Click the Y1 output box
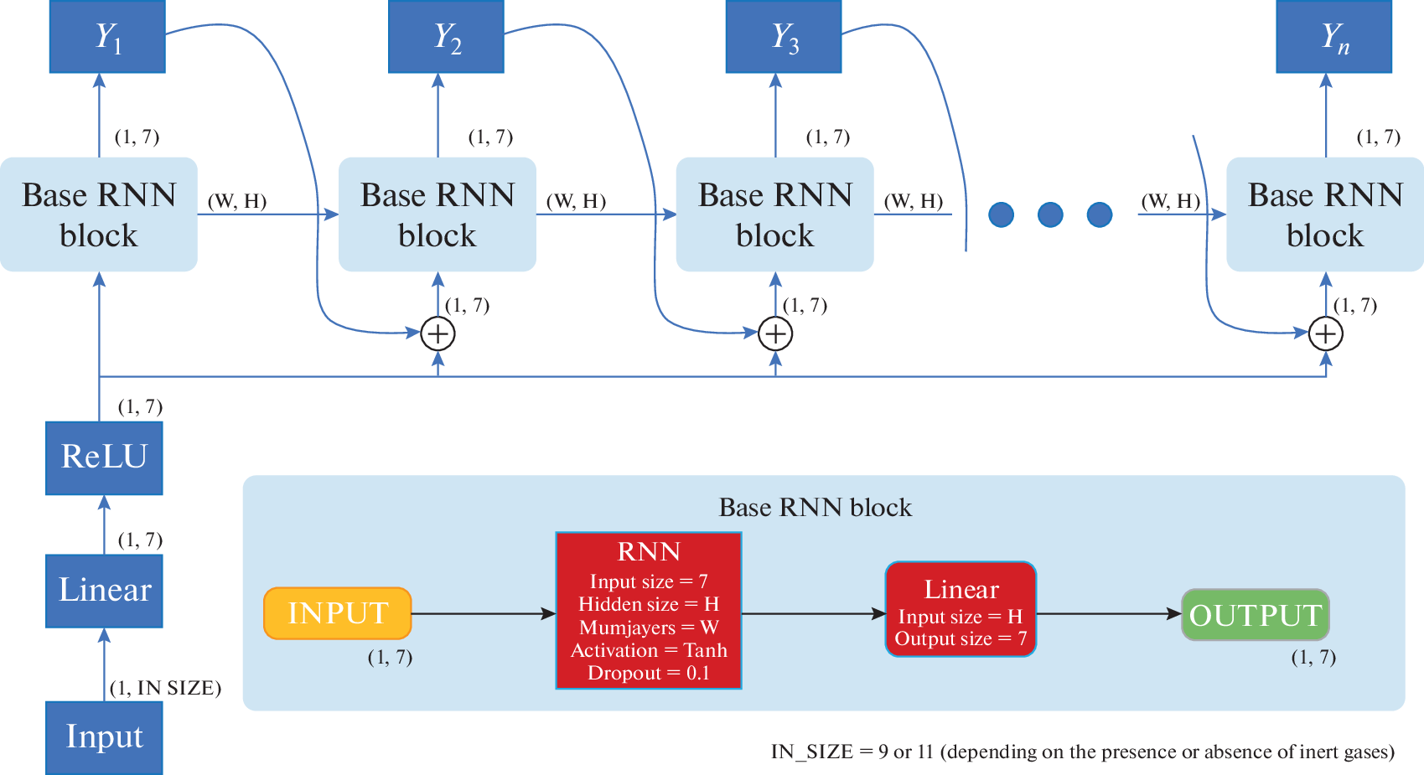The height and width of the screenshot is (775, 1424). [107, 36]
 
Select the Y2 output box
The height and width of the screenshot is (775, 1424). [446, 36]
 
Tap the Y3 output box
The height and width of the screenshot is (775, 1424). [784, 36]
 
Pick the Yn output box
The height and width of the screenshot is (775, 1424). [1333, 36]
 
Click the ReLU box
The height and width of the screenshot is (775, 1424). [104, 457]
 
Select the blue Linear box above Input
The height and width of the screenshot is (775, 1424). [104, 591]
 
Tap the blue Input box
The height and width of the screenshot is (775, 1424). [104, 737]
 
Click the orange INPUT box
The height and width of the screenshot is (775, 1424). [337, 613]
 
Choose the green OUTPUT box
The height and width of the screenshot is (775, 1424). [1255, 615]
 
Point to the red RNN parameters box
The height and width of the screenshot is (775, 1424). [649, 611]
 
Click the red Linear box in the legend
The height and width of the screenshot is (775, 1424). [961, 609]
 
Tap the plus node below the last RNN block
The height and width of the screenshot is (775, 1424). [1325, 333]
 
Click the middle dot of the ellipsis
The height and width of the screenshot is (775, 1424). [1050, 214]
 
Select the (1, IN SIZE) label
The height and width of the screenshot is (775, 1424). [165, 688]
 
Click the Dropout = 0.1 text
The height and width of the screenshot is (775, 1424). [649, 673]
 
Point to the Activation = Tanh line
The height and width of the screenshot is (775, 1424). [649, 650]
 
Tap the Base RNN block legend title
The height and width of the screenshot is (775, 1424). [815, 508]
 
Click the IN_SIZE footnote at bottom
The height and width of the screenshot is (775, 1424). [1082, 752]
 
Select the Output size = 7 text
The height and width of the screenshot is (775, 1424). [961, 638]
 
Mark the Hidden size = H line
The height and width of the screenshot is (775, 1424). [649, 604]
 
